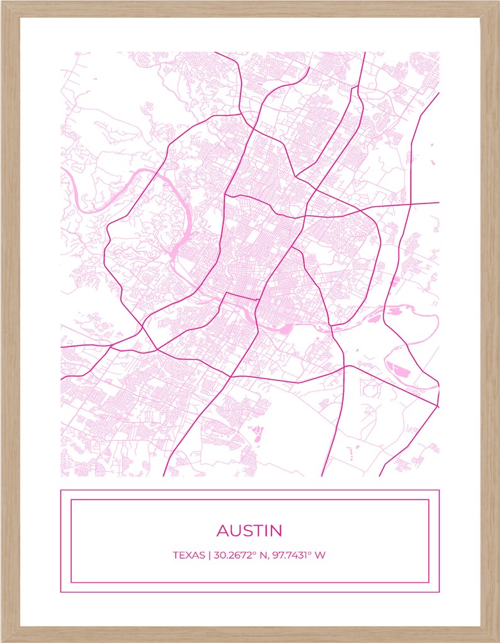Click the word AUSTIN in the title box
(249, 530)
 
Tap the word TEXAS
(188, 555)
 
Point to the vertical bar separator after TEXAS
(208, 555)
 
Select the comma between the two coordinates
(269, 557)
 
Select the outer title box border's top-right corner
(439, 490)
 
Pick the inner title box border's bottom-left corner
(71, 583)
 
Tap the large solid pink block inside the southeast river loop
(398, 371)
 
